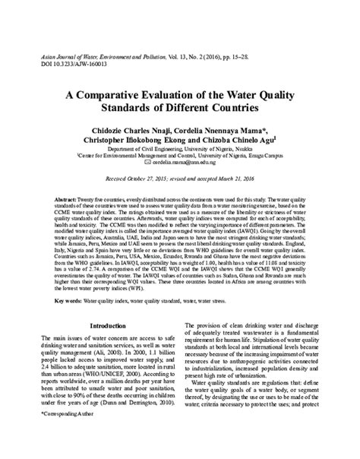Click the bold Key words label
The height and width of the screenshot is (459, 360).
pos(72,302)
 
